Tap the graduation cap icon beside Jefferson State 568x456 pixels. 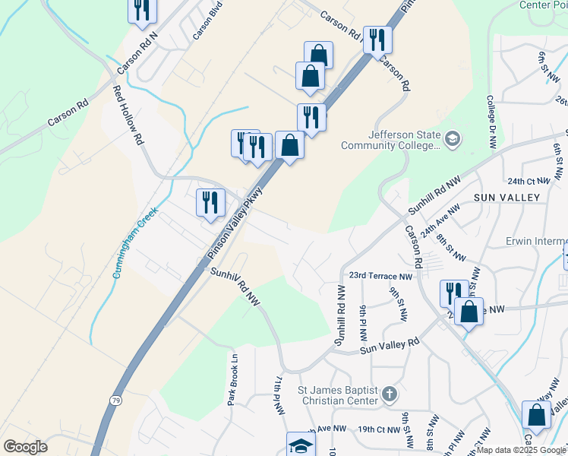tap(453, 138)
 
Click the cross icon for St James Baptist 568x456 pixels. tap(390, 394)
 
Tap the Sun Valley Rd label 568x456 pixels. tap(390, 347)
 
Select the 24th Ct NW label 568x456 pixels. tap(529, 181)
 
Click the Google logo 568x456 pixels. tap(26, 447)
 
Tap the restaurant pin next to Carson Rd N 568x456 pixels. tap(141, 11)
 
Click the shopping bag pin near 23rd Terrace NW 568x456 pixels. tap(469, 312)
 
